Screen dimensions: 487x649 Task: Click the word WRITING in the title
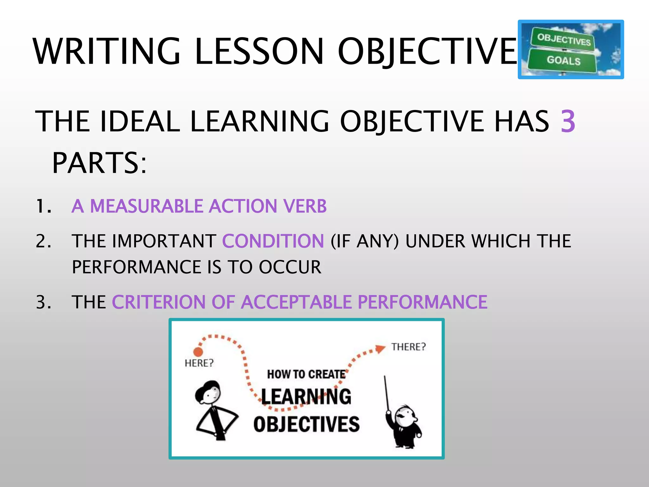[x=106, y=51]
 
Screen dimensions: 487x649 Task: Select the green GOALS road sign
[x=563, y=60]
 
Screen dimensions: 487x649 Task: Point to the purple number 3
[x=568, y=121]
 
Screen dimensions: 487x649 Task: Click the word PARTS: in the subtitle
[x=99, y=163]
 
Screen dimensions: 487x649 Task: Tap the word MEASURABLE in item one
[x=146, y=206]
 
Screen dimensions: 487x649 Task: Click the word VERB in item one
[x=305, y=206]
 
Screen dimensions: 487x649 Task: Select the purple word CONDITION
[x=273, y=241]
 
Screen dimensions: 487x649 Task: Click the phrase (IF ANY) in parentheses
[x=364, y=241]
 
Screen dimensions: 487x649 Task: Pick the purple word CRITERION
[x=159, y=302]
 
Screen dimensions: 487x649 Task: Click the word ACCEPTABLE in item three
[x=296, y=302]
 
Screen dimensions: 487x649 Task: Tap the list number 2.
[x=43, y=241]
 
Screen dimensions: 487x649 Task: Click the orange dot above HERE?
[x=198, y=352]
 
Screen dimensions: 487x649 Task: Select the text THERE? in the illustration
[x=408, y=347]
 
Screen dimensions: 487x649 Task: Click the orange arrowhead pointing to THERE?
[x=380, y=348]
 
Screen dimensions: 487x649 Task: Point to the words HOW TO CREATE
[x=306, y=374]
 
